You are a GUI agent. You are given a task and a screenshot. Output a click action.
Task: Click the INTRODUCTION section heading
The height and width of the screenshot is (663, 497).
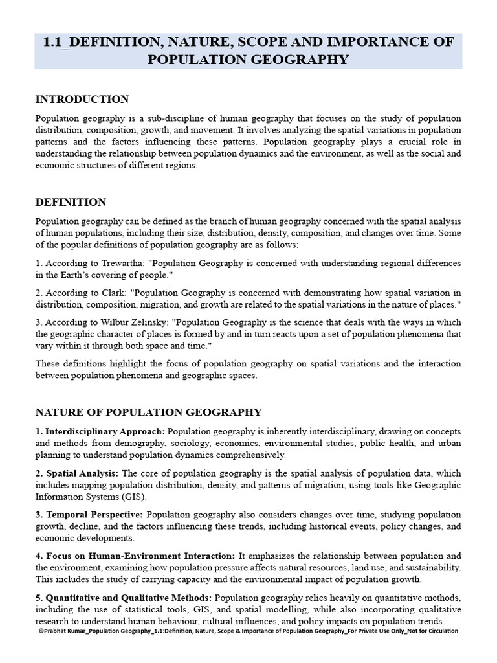tap(82, 99)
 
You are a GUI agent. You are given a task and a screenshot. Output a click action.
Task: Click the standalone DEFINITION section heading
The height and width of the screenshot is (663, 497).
tap(71, 202)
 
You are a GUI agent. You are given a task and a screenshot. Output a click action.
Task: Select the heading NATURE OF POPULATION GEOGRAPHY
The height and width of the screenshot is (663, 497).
tap(149, 412)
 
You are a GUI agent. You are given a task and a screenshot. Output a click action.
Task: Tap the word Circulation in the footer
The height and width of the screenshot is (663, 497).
tap(441, 631)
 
